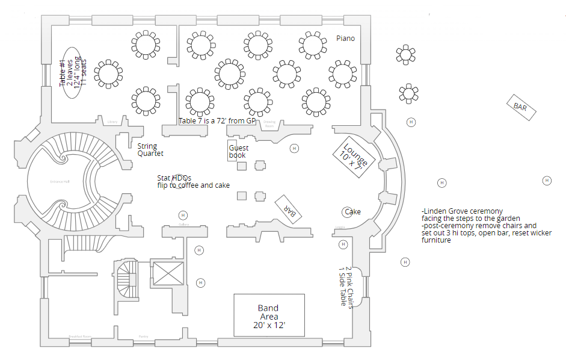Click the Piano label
coord(345,39)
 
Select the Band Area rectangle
coord(269,315)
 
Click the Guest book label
coord(238,151)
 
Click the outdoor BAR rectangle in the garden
coord(520,107)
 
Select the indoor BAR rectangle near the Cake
coord(290,209)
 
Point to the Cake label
coord(352,212)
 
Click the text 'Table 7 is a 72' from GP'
coord(217,121)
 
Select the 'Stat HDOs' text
coord(174,178)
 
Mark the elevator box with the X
coord(166,273)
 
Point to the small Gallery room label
coord(184,225)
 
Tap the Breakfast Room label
coord(79,337)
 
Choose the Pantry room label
coord(143,337)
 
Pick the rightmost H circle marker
coord(547,181)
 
